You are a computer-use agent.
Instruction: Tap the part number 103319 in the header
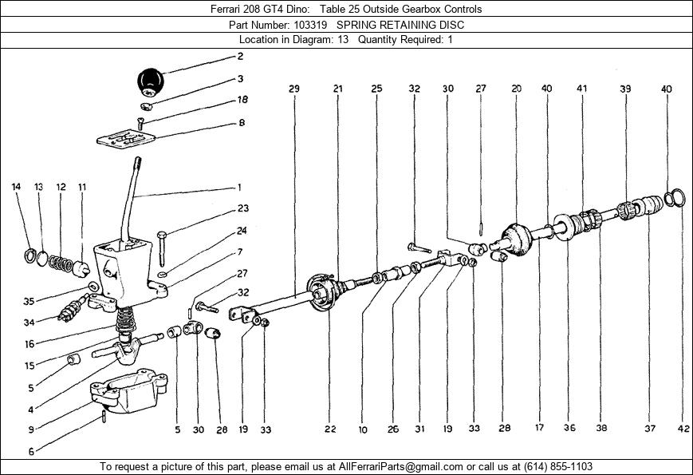coord(310,25)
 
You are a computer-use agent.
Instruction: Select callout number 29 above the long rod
coord(294,89)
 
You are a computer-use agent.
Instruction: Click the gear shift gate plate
coord(126,138)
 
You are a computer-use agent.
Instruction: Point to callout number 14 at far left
coord(16,187)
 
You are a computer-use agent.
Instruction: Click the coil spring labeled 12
coord(61,263)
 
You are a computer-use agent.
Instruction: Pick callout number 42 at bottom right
coord(683,428)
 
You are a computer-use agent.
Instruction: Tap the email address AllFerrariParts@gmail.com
coord(401,466)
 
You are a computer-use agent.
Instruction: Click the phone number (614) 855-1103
coord(557,466)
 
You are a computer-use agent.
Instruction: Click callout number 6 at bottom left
coord(31,452)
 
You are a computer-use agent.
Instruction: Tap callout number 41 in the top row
coord(581,89)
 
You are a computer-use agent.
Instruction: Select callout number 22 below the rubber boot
coord(330,429)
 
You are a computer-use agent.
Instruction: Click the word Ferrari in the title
coord(226,9)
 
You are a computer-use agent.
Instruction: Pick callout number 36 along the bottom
coord(569,428)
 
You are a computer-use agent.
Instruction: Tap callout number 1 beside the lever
coord(239,188)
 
